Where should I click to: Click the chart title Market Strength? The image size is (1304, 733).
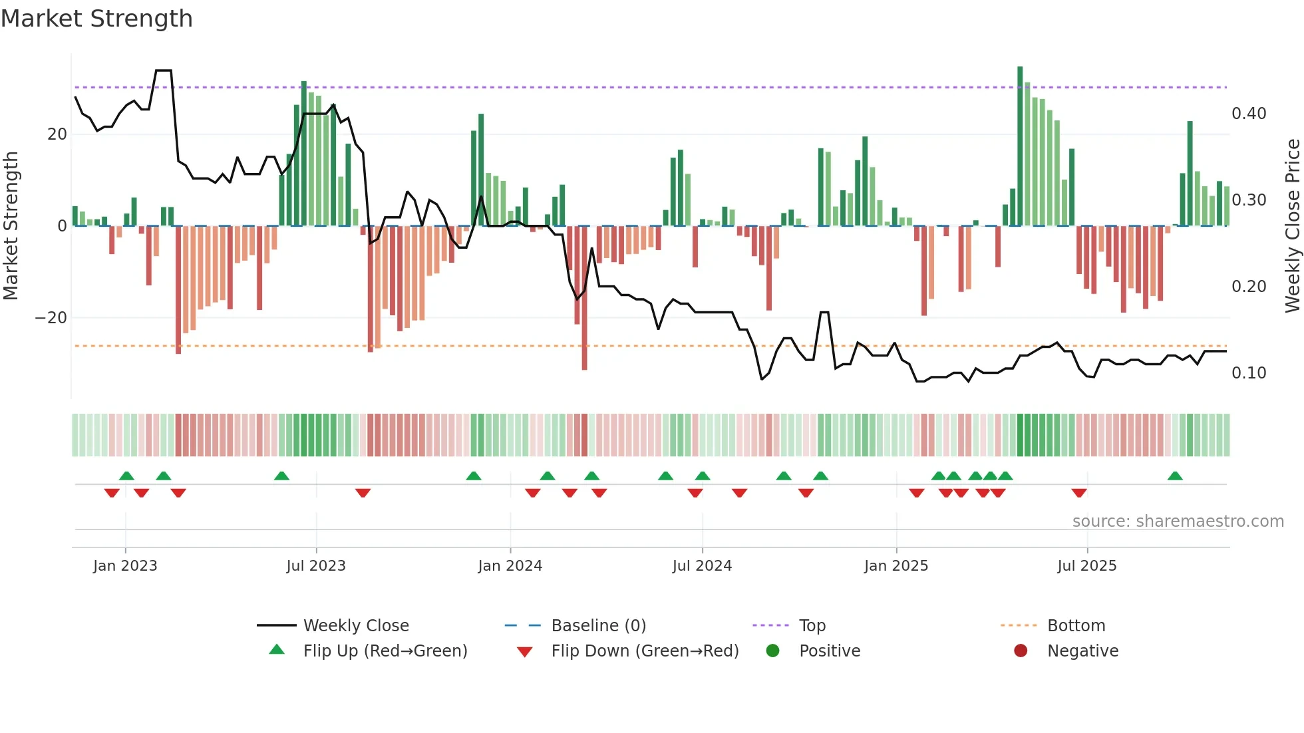[x=96, y=19]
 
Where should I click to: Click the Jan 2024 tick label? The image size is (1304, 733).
[x=510, y=566]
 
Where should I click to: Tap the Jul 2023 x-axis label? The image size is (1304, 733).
[x=316, y=566]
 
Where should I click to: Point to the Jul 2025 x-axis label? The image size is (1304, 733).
[x=1086, y=566]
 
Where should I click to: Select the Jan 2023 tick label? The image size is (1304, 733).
[x=125, y=566]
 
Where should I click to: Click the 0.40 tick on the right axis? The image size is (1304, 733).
[x=1248, y=114]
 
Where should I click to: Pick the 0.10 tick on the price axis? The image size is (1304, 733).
[x=1248, y=373]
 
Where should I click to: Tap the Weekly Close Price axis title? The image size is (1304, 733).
[x=1292, y=226]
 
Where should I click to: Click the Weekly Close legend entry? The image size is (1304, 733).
[x=355, y=626]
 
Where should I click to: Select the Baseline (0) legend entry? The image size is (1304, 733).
[x=598, y=626]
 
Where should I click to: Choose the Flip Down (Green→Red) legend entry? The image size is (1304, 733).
[x=644, y=651]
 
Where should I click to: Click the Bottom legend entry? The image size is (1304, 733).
[x=1076, y=626]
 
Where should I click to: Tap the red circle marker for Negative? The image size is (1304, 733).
[x=1020, y=651]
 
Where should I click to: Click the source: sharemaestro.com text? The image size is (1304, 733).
[x=1178, y=521]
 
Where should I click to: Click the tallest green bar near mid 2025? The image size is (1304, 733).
[x=1020, y=146]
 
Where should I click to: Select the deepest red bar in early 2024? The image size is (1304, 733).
[x=584, y=299]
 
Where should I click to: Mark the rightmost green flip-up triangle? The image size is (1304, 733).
[x=1175, y=476]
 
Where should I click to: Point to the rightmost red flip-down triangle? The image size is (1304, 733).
[x=1079, y=493]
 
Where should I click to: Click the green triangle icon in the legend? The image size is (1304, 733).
[x=277, y=650]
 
